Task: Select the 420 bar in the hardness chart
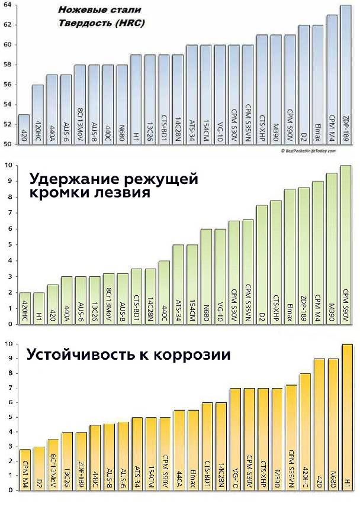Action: point(24,130)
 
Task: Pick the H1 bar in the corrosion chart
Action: point(348,417)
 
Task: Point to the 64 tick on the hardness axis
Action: point(7,5)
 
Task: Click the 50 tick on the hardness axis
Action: point(7,144)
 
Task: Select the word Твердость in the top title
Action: point(82,24)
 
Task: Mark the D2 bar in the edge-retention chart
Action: point(262,265)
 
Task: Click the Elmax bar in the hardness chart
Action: point(317,85)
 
